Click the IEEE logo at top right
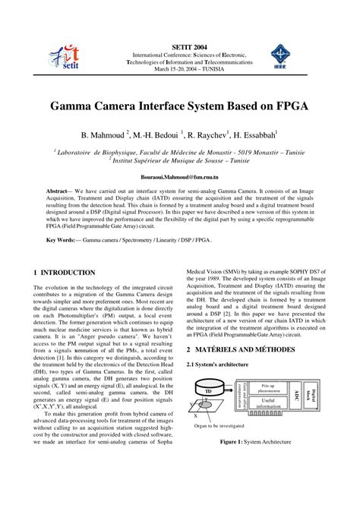tap(292, 55)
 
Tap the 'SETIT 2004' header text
tap(182, 46)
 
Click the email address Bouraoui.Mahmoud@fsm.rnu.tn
tap(178, 175)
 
